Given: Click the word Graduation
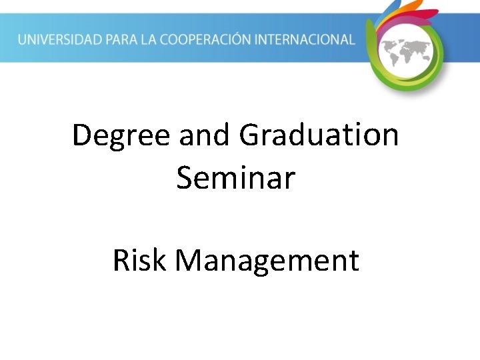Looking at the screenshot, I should (319, 136).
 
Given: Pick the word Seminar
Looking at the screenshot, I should (235, 179).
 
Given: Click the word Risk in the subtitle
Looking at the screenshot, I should (139, 260).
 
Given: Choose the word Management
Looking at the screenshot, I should (267, 261).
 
